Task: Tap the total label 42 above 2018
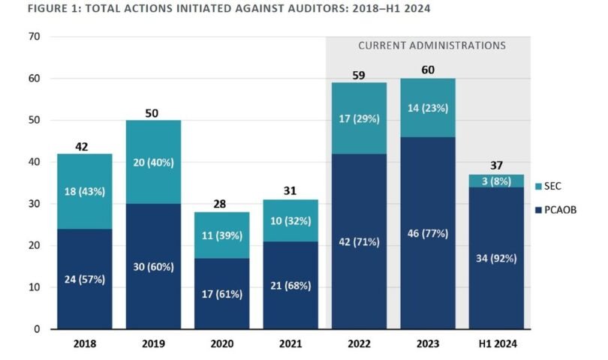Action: pyautogui.click(x=83, y=146)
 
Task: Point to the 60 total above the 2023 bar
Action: pyautogui.click(x=427, y=70)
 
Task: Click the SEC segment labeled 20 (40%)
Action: pyautogui.click(x=152, y=162)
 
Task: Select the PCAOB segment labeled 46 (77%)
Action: pyautogui.click(x=427, y=232)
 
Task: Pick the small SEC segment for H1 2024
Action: pyautogui.click(x=496, y=181)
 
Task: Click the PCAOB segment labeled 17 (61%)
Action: pyautogui.click(x=221, y=293)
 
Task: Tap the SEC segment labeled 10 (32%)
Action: pyautogui.click(x=290, y=220)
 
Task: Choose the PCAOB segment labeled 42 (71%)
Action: pyautogui.click(x=359, y=241)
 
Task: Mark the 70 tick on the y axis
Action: pyautogui.click(x=35, y=37)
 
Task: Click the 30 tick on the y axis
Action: pyautogui.click(x=35, y=204)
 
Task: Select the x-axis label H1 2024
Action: pyautogui.click(x=496, y=344)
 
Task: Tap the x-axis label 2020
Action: pyautogui.click(x=221, y=344)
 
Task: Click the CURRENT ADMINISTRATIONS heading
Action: pyautogui.click(x=432, y=46)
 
